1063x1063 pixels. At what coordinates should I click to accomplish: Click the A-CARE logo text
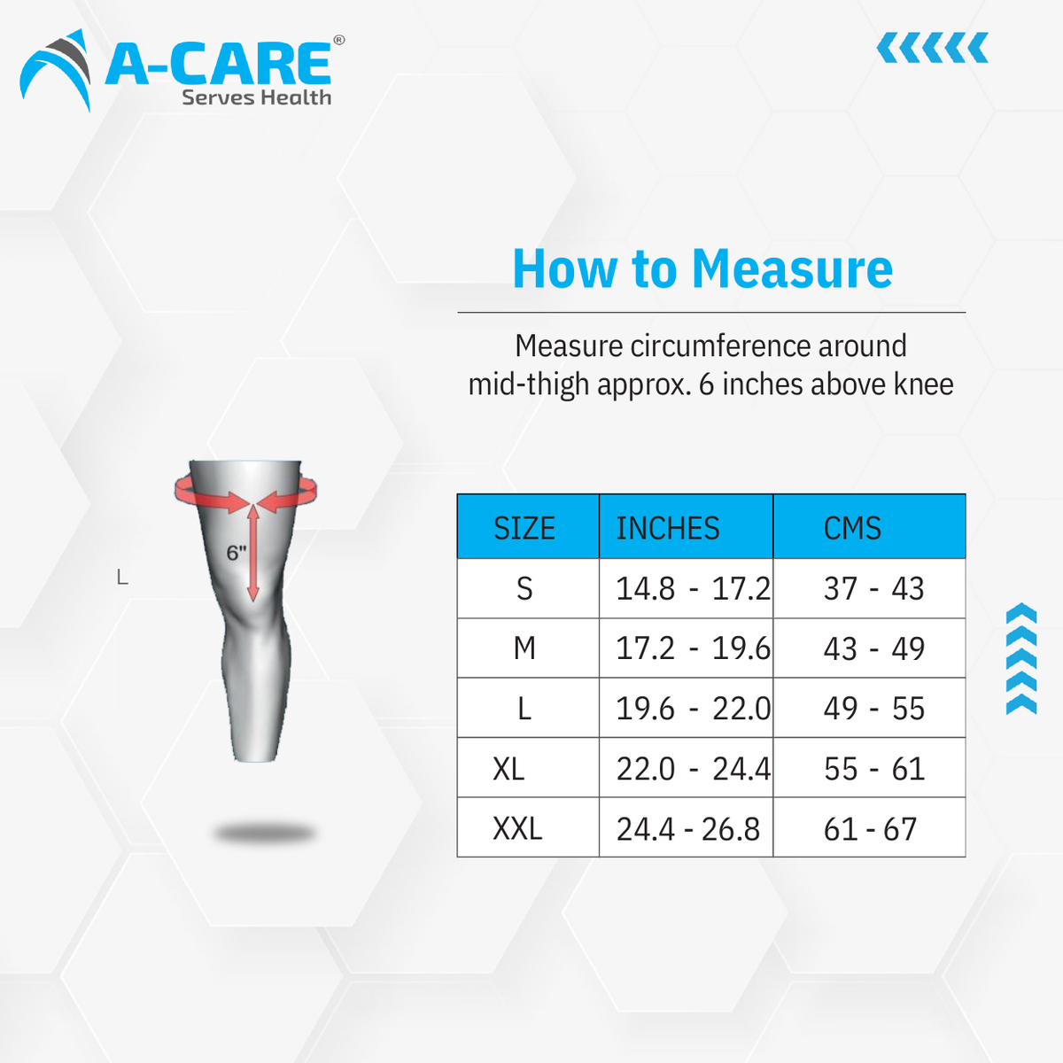218,64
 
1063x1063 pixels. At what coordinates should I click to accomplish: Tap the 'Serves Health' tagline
256,97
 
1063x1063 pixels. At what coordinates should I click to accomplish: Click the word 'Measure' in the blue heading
792,268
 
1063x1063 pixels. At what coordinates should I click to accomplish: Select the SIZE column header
524,528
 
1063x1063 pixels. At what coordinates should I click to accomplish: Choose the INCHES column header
668,528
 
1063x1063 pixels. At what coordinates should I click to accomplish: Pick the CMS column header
852,528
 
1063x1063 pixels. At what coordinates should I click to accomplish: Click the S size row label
524,588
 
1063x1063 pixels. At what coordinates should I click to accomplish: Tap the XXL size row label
517,829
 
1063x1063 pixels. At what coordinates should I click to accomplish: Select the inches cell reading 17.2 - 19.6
693,648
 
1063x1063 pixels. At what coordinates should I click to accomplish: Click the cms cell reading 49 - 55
873,709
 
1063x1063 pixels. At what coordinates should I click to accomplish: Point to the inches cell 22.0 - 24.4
693,769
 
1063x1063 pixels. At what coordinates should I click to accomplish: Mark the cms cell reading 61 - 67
870,829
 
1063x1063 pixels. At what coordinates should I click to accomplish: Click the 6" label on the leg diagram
236,554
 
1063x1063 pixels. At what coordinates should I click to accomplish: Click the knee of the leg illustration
257,620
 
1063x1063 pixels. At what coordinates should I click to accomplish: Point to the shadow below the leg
265,833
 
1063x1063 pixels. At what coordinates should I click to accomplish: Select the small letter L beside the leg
122,578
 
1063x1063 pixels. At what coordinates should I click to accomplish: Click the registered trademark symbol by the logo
338,40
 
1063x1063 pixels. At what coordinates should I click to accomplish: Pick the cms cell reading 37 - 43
873,588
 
